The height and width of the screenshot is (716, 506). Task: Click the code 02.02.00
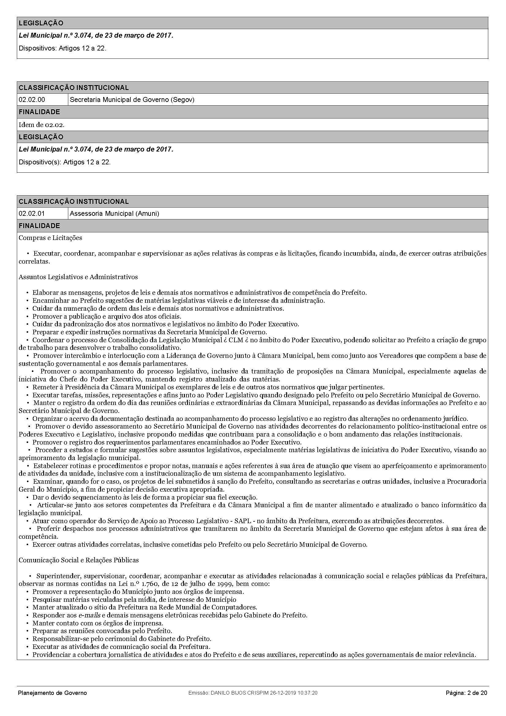[x=32, y=100]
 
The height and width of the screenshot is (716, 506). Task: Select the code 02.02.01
[x=32, y=214]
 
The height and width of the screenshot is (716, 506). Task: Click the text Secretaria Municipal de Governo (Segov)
[x=132, y=100]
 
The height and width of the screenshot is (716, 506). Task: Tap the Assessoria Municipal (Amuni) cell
[x=114, y=214]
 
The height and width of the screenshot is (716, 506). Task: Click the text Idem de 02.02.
[x=41, y=125]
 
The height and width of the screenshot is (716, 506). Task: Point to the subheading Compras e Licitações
[x=51, y=238]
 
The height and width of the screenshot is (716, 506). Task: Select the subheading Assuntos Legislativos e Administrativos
[x=78, y=277]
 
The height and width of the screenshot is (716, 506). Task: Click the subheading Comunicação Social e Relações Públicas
[x=79, y=560]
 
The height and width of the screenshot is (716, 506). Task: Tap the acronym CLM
[x=235, y=340]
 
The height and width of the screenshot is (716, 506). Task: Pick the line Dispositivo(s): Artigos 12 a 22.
[x=65, y=162]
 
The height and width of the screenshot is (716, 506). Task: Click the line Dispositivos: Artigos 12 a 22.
[x=63, y=48]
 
